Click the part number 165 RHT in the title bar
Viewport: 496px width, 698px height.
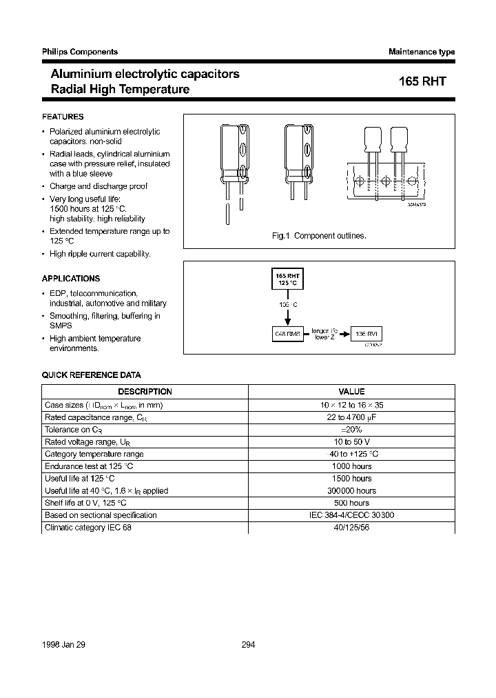pyautogui.click(x=422, y=81)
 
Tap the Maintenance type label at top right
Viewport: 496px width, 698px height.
pyautogui.click(x=422, y=52)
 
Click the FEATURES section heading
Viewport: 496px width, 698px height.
pyautogui.click(x=63, y=117)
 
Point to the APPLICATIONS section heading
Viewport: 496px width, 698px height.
pyautogui.click(x=71, y=279)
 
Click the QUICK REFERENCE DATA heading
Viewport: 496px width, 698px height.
pyautogui.click(x=92, y=375)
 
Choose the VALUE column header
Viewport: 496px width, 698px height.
pyautogui.click(x=351, y=392)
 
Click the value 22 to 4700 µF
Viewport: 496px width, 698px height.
pyautogui.click(x=351, y=417)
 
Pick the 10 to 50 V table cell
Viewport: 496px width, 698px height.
pyautogui.click(x=351, y=442)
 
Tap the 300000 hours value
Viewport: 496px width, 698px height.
pyautogui.click(x=351, y=490)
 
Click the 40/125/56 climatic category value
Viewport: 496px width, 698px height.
pyautogui.click(x=351, y=528)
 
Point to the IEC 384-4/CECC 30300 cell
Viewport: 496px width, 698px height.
pyautogui.click(x=351, y=515)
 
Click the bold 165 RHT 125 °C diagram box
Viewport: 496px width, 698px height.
pyautogui.click(x=288, y=280)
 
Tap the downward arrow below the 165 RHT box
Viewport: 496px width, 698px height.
pyautogui.click(x=288, y=317)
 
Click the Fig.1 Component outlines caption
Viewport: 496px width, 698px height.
pyautogui.click(x=319, y=236)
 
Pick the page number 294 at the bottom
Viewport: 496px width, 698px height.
pyautogui.click(x=249, y=644)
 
